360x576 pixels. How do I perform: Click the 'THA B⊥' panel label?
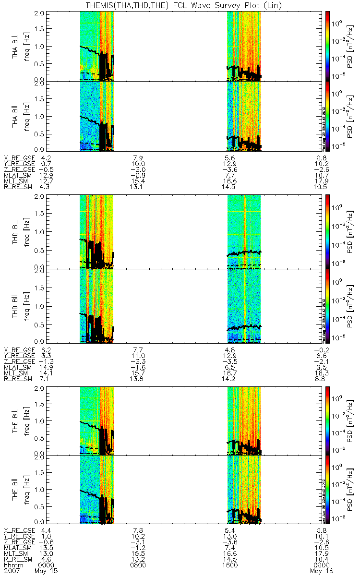click(16, 46)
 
